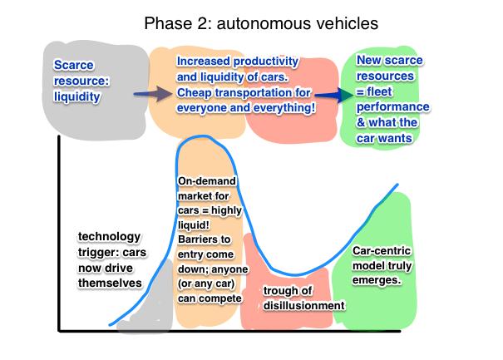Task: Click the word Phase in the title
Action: coord(167,23)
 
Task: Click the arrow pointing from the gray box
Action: coord(153,94)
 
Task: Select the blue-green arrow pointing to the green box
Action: coord(333,95)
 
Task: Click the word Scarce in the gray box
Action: coord(74,65)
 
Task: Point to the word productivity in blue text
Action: coord(266,62)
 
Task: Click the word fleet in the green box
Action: coord(379,91)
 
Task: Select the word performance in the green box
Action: coord(393,107)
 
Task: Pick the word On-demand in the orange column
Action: coord(207,181)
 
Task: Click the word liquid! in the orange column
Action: coord(194,225)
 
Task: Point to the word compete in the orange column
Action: coord(220,298)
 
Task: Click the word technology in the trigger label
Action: coord(110,237)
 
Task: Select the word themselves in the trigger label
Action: coord(110,283)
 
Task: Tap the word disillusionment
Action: coord(304,305)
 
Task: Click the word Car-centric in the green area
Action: coord(382,250)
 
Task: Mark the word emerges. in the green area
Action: coord(377,280)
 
